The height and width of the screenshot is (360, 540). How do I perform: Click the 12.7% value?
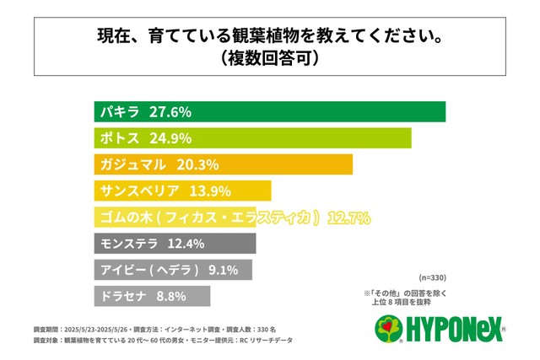(348, 218)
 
